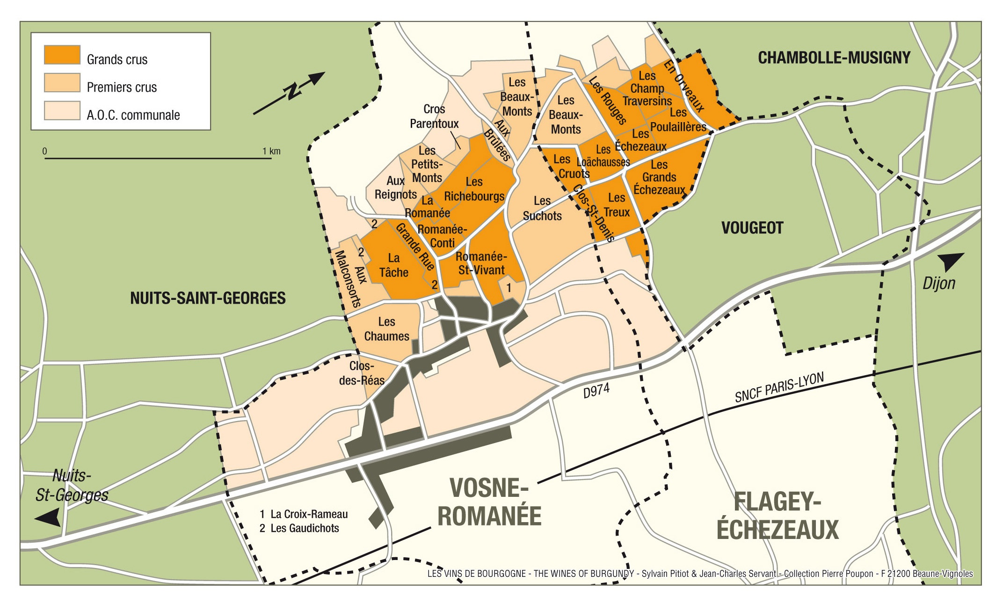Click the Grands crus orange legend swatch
(62, 55)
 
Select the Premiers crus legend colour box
(62, 83)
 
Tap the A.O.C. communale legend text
(133, 115)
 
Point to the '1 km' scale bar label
(271, 151)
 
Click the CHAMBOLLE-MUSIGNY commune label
(834, 58)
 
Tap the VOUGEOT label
(752, 228)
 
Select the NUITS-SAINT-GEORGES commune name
(208, 298)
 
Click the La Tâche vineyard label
(393, 265)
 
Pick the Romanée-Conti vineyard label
(442, 236)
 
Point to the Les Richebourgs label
(474, 189)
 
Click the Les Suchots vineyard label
(542, 208)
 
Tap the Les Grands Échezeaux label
(659, 177)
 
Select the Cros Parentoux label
(434, 116)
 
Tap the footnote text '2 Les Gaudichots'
(299, 528)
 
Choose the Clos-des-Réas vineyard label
(362, 373)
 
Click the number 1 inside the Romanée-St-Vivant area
(509, 288)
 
